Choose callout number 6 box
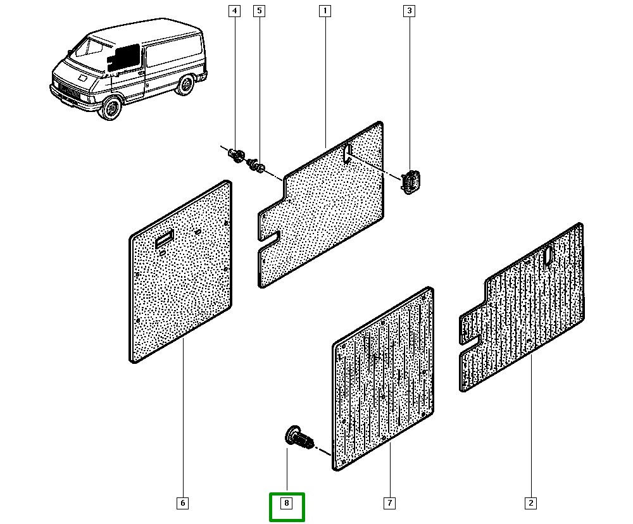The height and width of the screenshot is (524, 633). (x=182, y=503)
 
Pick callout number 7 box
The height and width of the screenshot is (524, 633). (x=389, y=503)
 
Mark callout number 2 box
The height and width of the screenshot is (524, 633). (x=531, y=503)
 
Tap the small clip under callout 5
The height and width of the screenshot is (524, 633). (x=257, y=166)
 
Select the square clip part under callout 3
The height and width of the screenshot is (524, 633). (x=411, y=181)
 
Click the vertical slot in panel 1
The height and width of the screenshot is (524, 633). (x=348, y=154)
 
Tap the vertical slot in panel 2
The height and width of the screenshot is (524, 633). (x=548, y=254)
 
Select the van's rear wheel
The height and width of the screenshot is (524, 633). (x=184, y=85)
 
